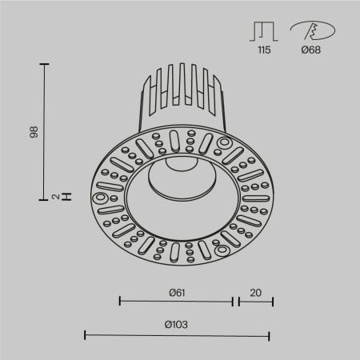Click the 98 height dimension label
pos(34,131)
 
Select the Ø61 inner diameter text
pos(177,292)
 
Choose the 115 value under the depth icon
pos(263,50)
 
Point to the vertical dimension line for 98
pos(44,131)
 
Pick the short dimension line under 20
pos(254,302)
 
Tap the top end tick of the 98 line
pos(44,62)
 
